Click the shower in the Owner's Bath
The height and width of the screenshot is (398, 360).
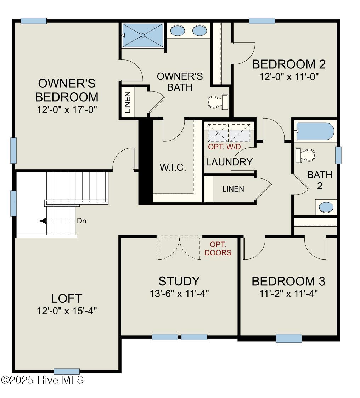143,35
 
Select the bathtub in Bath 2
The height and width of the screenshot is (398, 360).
315,131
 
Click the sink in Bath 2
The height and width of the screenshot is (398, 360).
326,207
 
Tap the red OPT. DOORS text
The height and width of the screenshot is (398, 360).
218,249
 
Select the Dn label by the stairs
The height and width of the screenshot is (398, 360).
81,221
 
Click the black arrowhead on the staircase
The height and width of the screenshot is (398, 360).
43,221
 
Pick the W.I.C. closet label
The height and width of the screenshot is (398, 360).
173,167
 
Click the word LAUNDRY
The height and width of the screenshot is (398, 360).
229,162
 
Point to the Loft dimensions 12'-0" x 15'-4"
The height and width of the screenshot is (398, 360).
67,311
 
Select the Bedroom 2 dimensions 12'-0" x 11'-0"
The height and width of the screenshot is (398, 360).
289,77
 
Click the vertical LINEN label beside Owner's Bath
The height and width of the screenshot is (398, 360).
128,102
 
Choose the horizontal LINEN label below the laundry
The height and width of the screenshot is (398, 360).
233,189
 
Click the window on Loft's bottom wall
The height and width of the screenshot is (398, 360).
67,371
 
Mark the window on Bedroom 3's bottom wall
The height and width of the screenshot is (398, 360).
288,338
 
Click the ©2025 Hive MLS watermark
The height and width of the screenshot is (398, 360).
43,380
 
